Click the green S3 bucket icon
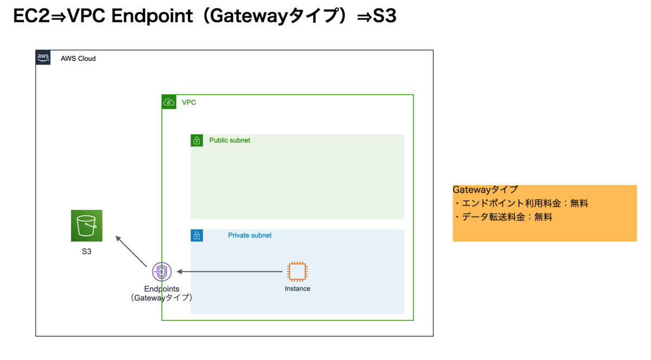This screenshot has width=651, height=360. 87,226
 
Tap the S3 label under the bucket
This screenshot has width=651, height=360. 87,252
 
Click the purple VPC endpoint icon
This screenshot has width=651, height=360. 162,272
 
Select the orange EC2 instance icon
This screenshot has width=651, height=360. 297,272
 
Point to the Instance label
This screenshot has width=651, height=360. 297,288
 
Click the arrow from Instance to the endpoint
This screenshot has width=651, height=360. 229,272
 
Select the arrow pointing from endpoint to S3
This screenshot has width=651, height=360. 131,251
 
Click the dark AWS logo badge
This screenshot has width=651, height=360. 43,57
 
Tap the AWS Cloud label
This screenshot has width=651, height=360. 78,59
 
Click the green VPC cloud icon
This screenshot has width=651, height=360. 169,102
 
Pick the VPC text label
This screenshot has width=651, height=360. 189,102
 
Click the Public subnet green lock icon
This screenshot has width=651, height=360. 197,140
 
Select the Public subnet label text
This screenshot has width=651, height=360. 229,140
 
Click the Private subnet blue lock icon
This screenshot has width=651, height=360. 197,235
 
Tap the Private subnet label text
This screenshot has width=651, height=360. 250,235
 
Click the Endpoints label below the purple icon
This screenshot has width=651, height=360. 162,289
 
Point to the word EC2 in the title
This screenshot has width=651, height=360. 31,16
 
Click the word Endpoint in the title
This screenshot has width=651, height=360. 152,16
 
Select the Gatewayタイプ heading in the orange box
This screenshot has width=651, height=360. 486,190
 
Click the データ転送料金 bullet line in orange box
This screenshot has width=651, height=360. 503,217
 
